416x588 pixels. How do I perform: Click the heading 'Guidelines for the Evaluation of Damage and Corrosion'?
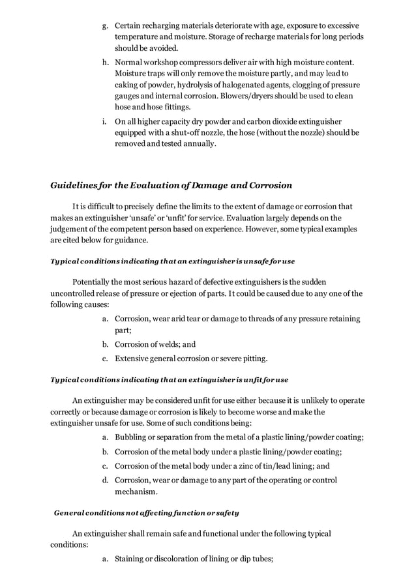[x=171, y=185]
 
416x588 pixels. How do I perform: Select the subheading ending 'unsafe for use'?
[x=172, y=261]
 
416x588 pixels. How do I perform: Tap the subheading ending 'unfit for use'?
[x=169, y=379]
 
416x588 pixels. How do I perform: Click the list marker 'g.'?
[x=105, y=25]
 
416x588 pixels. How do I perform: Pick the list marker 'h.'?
[x=105, y=63]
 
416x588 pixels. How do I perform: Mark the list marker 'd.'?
[x=105, y=480]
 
